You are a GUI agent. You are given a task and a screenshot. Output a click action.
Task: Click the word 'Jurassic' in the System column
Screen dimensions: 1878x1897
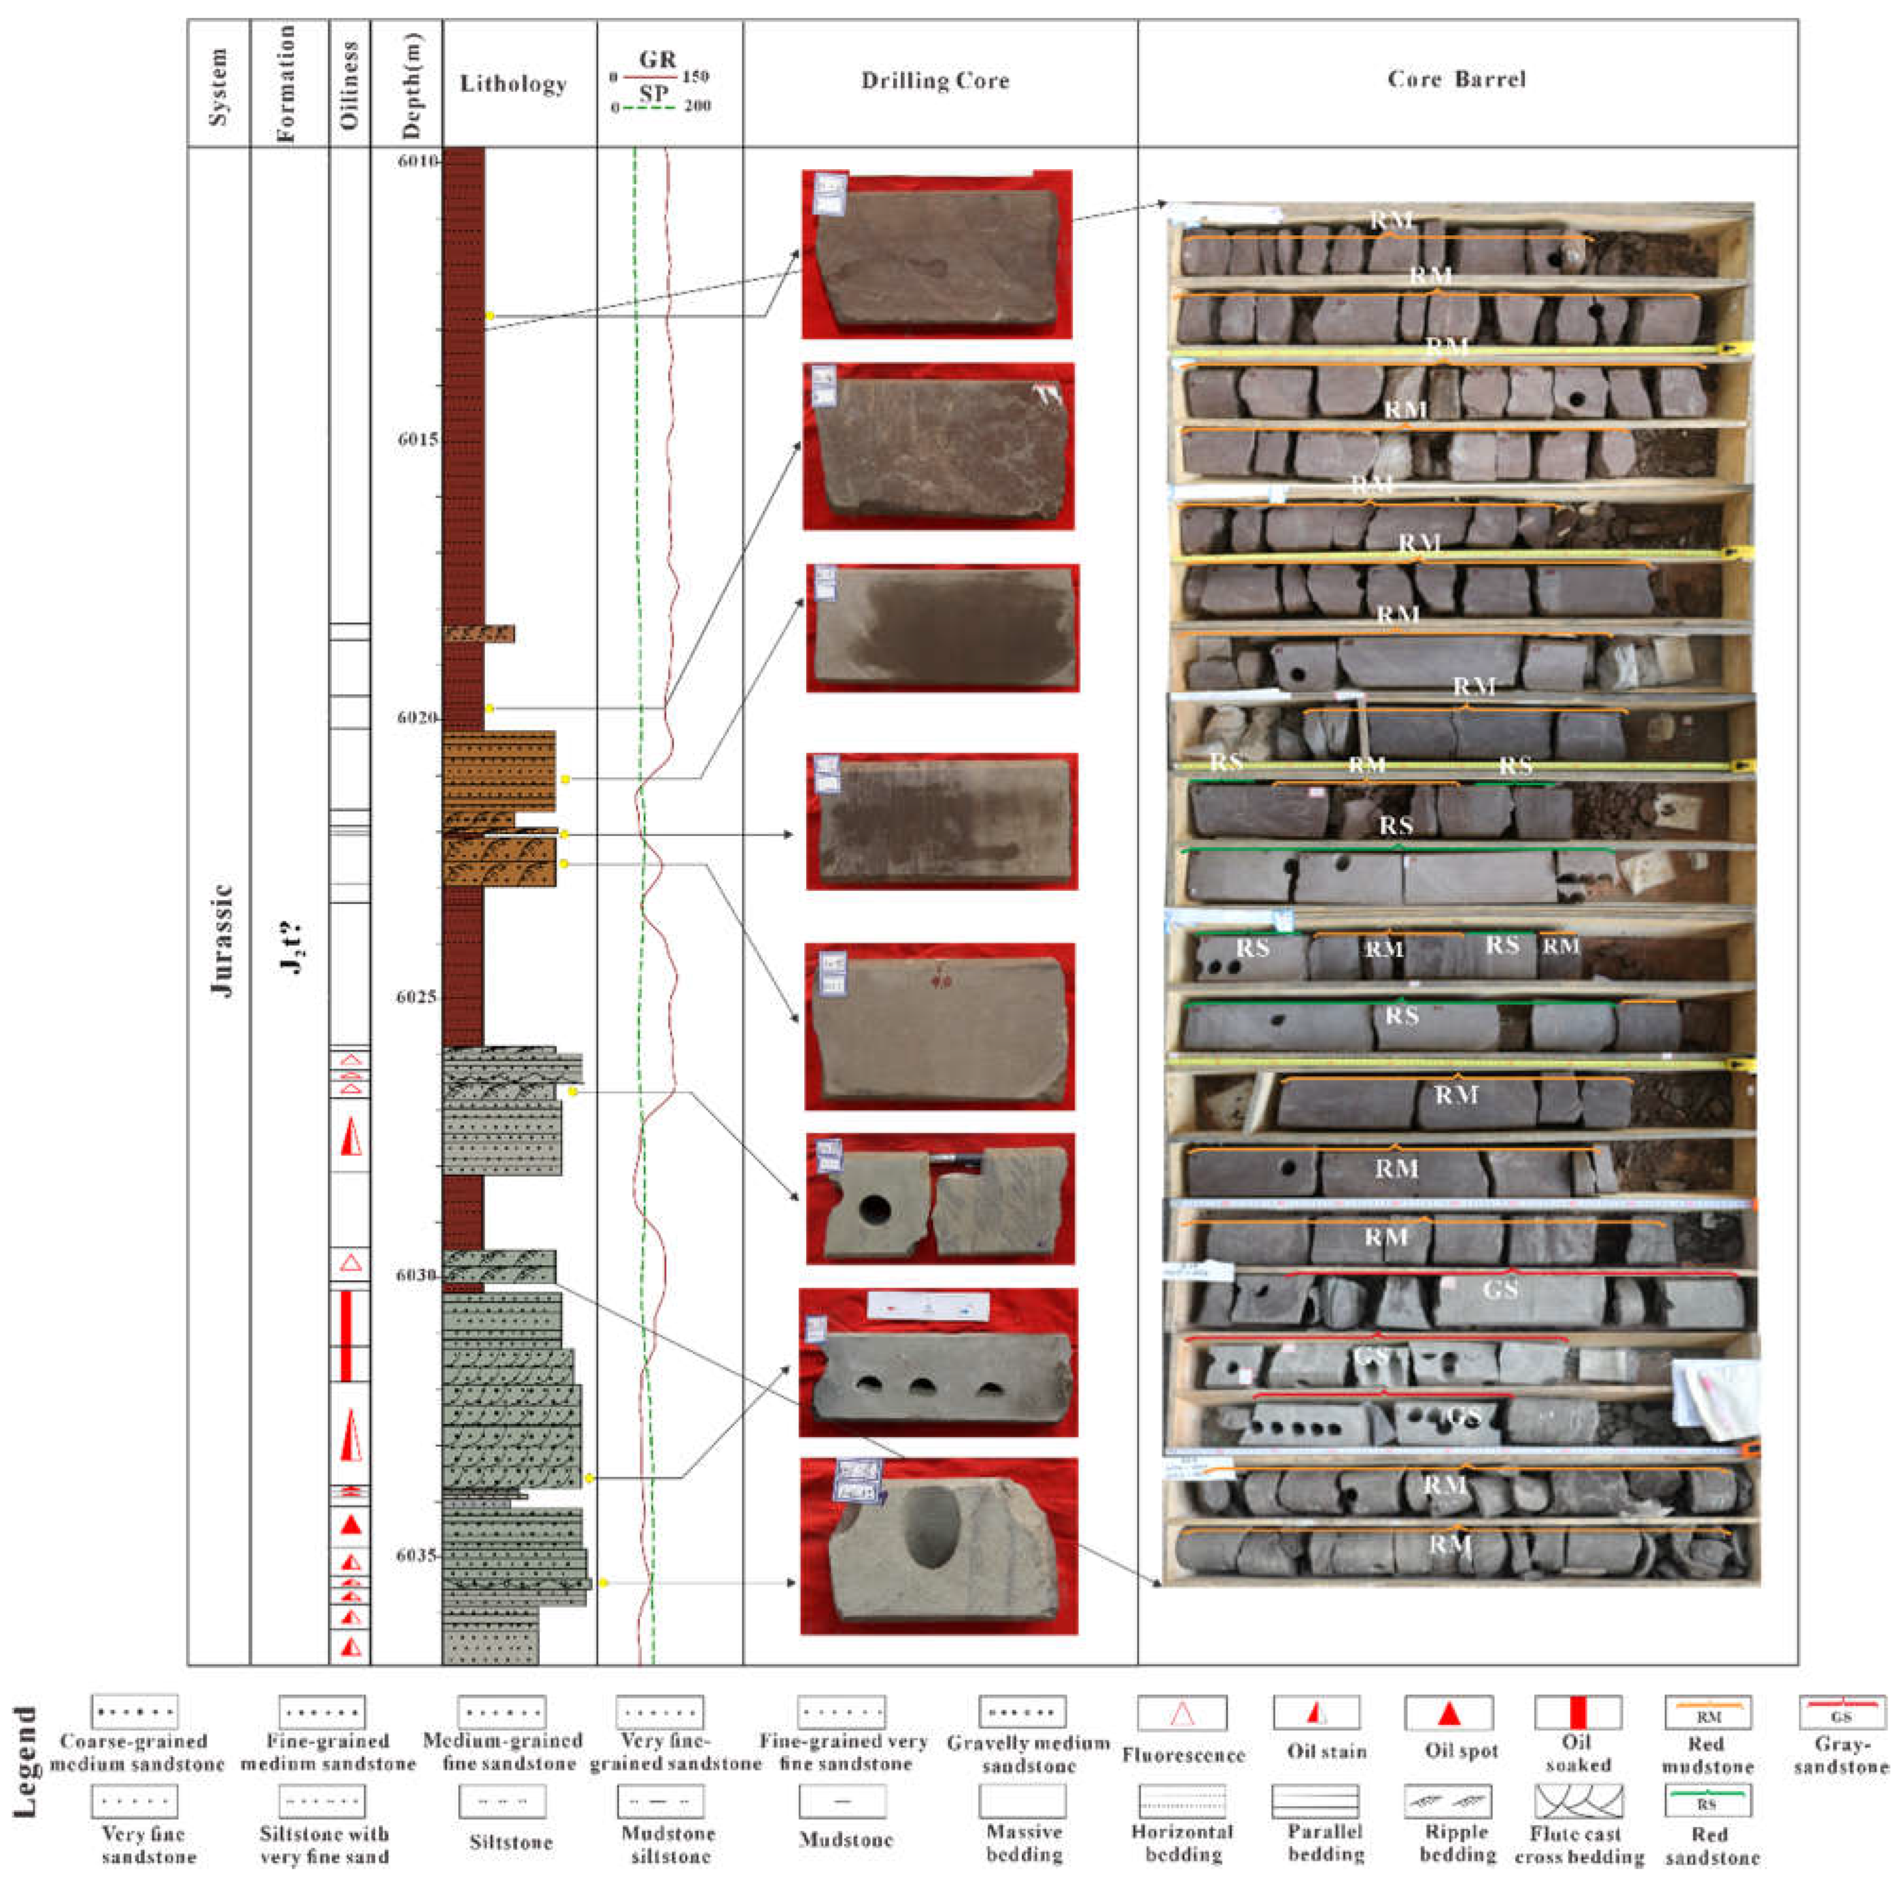pos(224,941)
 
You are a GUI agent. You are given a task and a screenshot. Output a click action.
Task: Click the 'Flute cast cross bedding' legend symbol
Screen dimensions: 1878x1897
pos(1578,1801)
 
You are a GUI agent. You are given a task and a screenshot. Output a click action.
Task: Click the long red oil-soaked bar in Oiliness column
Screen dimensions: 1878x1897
pos(346,1335)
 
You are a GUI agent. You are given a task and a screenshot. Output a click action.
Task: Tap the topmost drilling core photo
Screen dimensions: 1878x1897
pos(937,255)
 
